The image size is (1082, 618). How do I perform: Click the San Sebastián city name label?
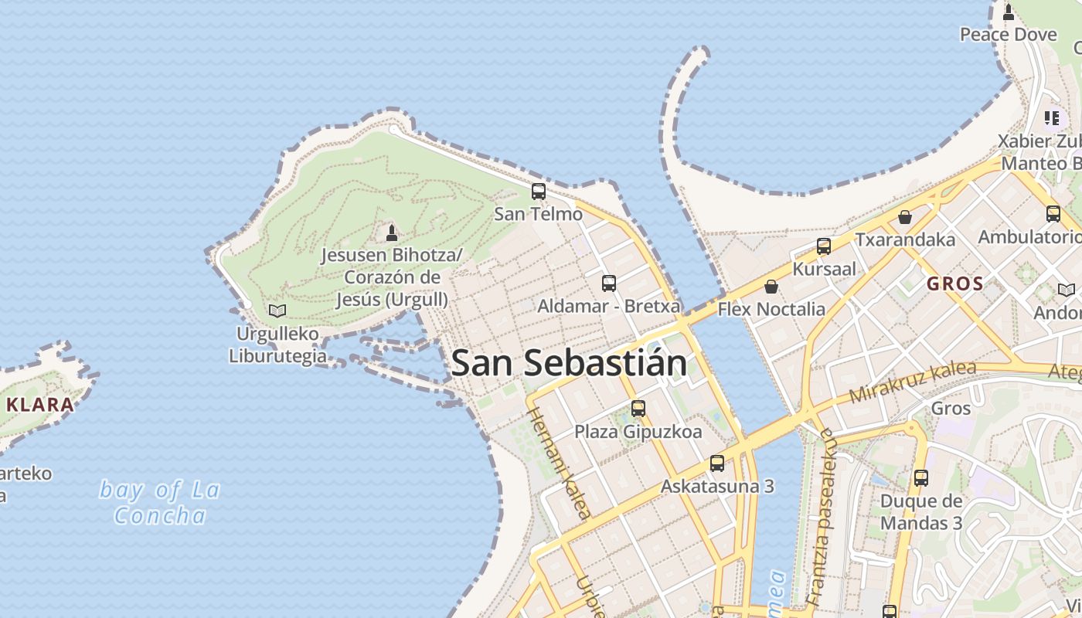(568, 363)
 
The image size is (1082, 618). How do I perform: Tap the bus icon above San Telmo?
(539, 191)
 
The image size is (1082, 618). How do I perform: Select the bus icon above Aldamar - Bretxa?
(609, 284)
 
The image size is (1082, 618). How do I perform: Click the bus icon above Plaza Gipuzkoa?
(638, 409)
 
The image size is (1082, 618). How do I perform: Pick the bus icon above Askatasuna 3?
(717, 463)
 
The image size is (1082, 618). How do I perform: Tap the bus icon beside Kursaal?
(824, 246)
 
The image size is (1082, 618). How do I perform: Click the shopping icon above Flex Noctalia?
(771, 287)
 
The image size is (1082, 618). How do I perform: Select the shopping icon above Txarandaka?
(904, 217)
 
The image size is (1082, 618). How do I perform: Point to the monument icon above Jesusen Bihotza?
(392, 233)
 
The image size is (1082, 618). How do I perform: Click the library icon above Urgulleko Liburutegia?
(277, 311)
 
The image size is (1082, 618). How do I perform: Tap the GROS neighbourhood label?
(955, 284)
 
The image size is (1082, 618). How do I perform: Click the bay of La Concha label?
(160, 502)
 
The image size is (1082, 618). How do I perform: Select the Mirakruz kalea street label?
(913, 382)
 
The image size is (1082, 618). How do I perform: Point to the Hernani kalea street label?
(560, 463)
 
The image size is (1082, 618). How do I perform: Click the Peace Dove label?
(1008, 35)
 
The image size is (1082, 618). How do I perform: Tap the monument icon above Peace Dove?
(1009, 12)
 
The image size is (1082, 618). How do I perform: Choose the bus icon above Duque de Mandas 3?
(920, 478)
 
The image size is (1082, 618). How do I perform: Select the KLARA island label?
(40, 404)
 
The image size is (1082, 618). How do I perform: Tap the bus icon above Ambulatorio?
(1053, 214)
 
